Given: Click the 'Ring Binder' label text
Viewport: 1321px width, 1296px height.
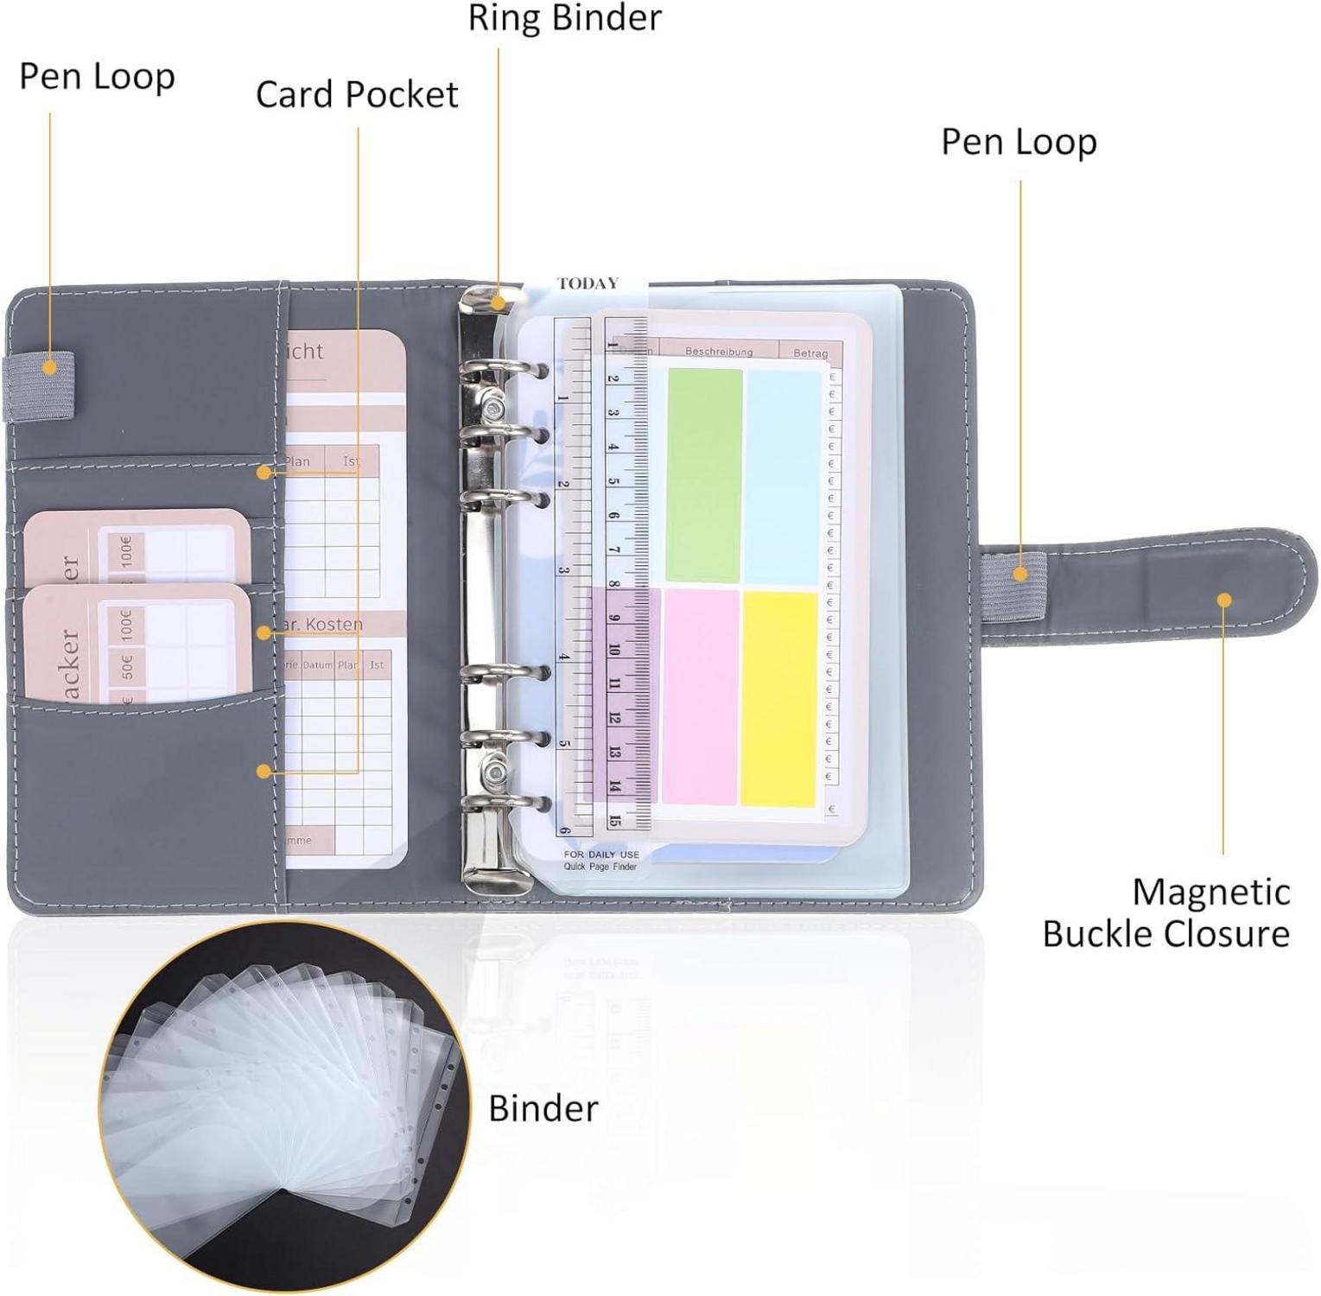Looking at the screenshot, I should point(564,19).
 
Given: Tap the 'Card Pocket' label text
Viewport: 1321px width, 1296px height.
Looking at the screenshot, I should point(356,95).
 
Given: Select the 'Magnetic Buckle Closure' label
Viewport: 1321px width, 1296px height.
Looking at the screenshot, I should point(1166,913).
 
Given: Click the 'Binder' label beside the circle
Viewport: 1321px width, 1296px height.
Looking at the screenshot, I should point(543,1109).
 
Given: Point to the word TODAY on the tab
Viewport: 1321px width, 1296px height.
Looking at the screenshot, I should point(587,283).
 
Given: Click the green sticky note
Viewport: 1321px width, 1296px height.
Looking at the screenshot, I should point(704,475).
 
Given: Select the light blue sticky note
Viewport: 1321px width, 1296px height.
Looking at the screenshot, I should point(783,477).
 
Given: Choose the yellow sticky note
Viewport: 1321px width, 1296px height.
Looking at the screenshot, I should point(779,698).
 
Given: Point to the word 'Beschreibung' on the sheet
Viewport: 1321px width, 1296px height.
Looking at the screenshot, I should point(718,352).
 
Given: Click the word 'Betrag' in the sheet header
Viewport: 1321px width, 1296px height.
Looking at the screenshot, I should point(810,353).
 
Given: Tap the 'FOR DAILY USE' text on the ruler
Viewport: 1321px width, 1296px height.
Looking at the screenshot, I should point(601,854).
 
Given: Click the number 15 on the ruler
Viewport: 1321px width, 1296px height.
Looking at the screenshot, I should point(614,820).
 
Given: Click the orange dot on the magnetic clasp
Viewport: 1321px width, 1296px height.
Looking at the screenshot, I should point(1223,600).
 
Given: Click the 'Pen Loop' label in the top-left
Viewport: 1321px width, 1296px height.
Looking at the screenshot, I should point(97,77).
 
